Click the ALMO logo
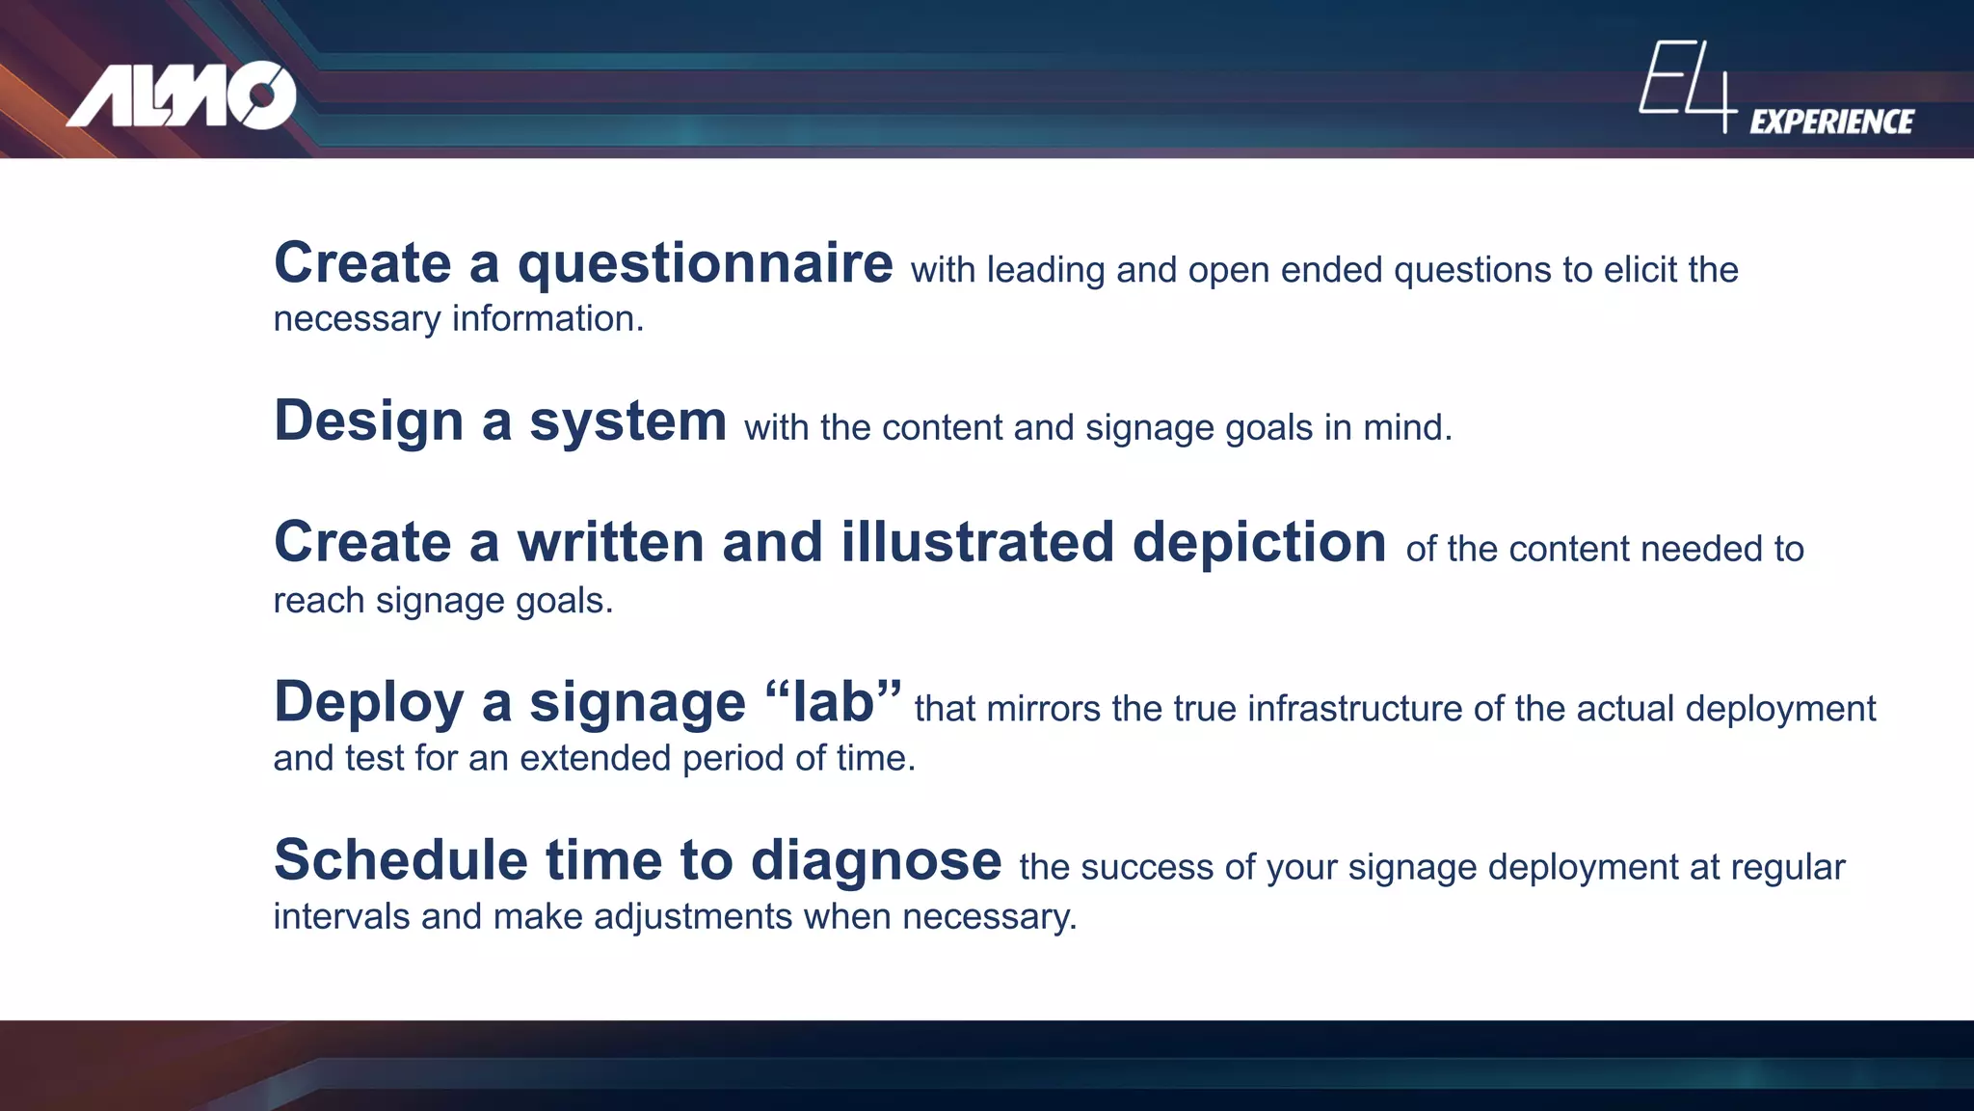click(x=181, y=95)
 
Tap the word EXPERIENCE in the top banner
click(x=1831, y=122)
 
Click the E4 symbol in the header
click(x=1688, y=85)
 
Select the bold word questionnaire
click(x=706, y=264)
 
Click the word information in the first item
click(x=547, y=319)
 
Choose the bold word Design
click(x=369, y=422)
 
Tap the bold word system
click(x=627, y=422)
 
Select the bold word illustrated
click(x=977, y=542)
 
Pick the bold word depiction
click(x=1259, y=542)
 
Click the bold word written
click(x=610, y=542)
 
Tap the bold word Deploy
click(x=369, y=702)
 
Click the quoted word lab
click(x=833, y=702)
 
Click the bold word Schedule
click(x=401, y=860)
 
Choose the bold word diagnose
click(x=876, y=860)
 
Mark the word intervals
click(x=341, y=916)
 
